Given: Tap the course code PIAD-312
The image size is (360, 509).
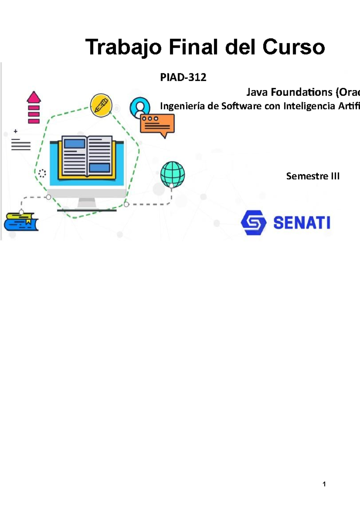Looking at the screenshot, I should pos(183,77).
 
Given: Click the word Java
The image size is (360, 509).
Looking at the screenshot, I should pos(257,92).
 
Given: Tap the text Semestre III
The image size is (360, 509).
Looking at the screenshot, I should pos(313,176).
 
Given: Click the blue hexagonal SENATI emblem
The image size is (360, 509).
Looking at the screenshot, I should pos(253,222).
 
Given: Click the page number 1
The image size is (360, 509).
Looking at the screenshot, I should pos(324,484).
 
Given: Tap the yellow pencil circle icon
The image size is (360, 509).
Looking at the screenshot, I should pos(101,105).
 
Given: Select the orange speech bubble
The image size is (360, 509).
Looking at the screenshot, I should pos(157,124).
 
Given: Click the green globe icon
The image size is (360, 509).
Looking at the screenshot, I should pos(172,174).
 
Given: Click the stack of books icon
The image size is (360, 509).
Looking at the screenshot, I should pos(21,222).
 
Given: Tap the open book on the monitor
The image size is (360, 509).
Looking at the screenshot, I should pos(87,156).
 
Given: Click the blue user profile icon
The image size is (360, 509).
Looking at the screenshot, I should pos(140,107).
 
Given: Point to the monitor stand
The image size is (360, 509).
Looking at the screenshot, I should pos(87,204).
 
